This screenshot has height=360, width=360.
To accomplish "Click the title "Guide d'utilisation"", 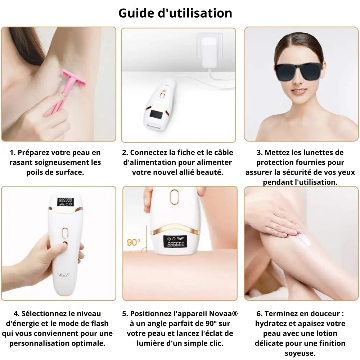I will (x=175, y=13).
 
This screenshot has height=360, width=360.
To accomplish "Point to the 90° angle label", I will (x=134, y=242).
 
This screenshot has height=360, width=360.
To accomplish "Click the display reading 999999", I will (x=66, y=200).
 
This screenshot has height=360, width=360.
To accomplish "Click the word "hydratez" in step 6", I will (x=275, y=324).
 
